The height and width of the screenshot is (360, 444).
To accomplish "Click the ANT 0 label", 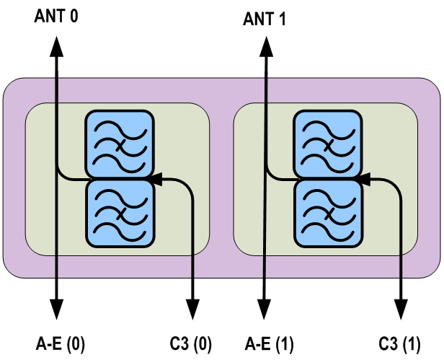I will (x=55, y=14).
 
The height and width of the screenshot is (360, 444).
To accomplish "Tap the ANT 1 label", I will (x=265, y=19).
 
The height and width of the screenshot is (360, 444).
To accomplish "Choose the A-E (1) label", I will (x=270, y=343).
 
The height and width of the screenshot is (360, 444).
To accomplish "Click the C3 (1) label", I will (x=400, y=343).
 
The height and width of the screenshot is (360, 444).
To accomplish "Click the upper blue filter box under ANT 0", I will (x=120, y=144).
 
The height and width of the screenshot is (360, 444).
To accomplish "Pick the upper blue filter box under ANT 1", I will (x=328, y=144).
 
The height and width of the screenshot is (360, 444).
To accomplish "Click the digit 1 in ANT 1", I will (x=282, y=19).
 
